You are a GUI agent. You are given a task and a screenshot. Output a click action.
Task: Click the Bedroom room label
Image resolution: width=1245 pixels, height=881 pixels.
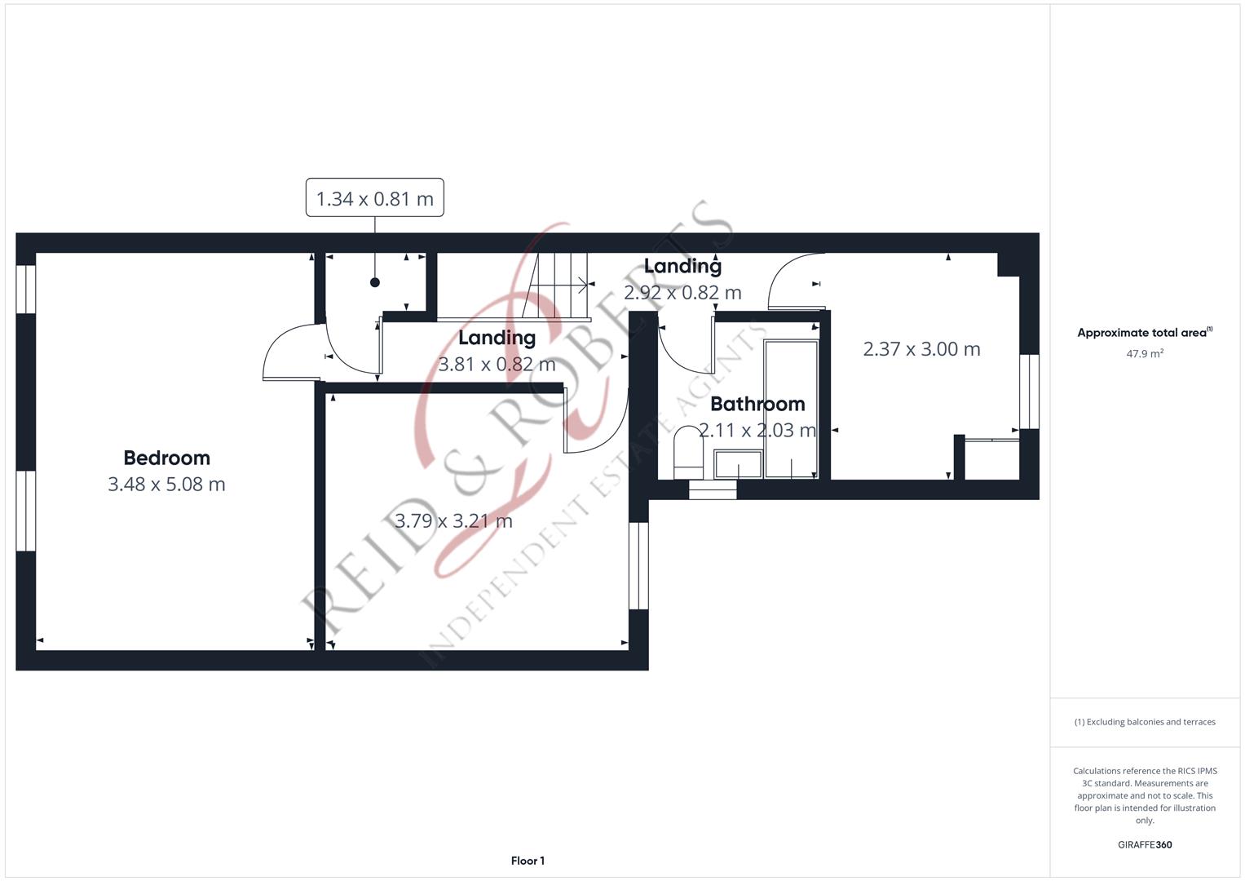coord(167,458)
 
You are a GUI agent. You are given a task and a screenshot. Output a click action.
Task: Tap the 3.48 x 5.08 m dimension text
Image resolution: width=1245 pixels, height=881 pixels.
coord(167,485)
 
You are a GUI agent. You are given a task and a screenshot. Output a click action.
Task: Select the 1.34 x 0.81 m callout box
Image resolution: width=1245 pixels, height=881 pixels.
coord(374,197)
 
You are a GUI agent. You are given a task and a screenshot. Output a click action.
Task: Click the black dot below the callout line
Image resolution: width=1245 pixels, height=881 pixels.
coord(374,282)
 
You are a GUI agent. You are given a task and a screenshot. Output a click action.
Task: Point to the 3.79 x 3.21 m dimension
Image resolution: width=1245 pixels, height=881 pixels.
coord(453,521)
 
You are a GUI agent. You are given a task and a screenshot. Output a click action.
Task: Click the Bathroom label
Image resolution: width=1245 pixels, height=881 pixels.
coord(757,404)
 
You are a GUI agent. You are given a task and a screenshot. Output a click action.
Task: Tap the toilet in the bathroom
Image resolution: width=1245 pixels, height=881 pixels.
coord(688,453)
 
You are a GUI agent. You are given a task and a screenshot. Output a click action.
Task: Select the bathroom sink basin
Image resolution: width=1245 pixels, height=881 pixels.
coord(738,464)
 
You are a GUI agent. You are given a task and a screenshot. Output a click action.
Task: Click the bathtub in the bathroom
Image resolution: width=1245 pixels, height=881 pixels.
coord(791,409)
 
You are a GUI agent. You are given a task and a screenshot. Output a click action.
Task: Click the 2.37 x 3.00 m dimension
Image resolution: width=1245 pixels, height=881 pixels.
coord(921,349)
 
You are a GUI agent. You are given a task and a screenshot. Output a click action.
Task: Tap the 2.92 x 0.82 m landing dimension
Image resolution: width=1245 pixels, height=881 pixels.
coord(682,293)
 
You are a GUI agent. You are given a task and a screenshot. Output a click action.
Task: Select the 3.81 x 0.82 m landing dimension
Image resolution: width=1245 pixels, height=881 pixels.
coord(497,365)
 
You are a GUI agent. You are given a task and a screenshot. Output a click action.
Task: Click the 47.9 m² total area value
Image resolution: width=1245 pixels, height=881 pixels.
coord(1145,353)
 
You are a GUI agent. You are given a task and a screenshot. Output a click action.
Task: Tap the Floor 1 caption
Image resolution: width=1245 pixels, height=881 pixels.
coord(528,861)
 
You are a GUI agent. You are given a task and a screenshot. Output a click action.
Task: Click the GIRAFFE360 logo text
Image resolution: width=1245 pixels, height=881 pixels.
coord(1145,844)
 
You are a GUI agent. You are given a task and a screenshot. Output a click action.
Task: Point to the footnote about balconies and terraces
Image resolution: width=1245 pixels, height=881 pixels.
coord(1145,722)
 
